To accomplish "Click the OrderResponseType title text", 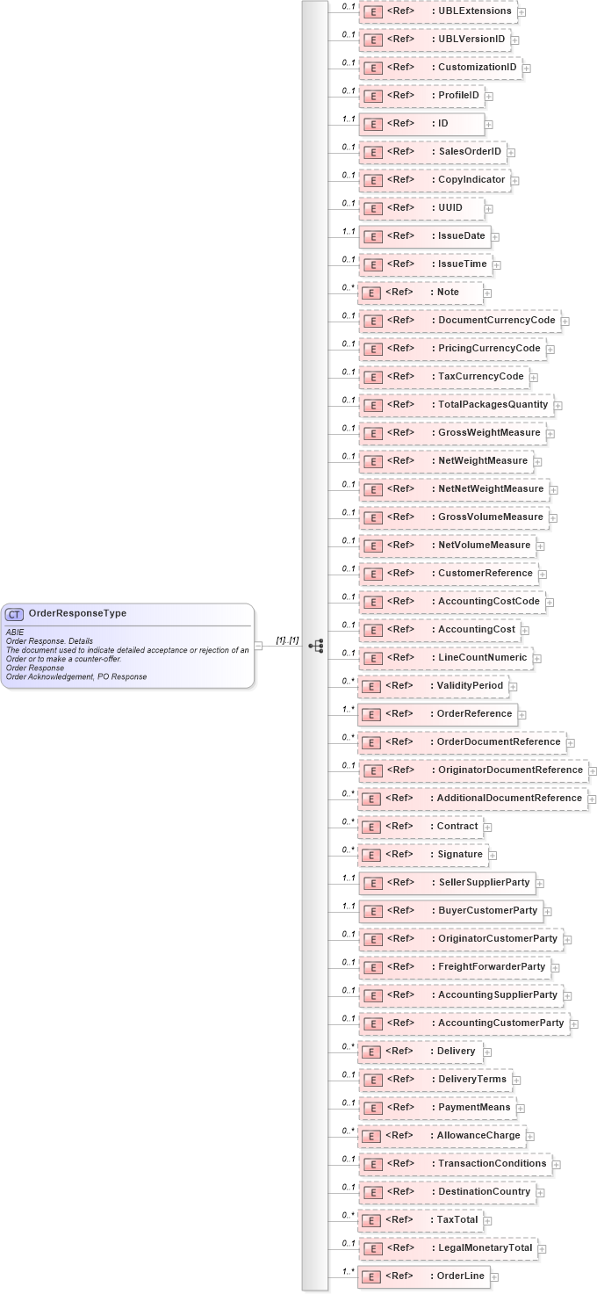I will [77, 613].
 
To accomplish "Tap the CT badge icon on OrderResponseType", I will [15, 614].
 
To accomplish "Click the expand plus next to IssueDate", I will [495, 236].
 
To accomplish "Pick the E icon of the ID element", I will [372, 124].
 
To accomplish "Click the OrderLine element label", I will [456, 1276].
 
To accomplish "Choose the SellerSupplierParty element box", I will [446, 882].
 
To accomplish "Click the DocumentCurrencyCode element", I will [459, 321].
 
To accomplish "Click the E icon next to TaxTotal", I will [372, 1220].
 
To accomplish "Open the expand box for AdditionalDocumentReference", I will [593, 799].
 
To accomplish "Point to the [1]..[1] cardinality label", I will [288, 640].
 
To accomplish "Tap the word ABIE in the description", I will [15, 631].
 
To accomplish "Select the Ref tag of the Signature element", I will [399, 854].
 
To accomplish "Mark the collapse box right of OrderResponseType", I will [258, 646].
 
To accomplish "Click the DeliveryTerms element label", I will [471, 1079].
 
